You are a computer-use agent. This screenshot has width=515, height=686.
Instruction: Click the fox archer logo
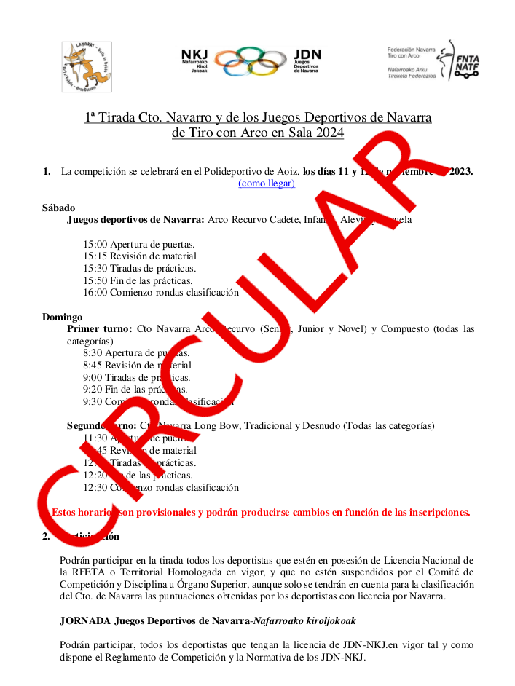point(86,66)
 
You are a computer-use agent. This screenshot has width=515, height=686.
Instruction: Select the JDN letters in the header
point(306,54)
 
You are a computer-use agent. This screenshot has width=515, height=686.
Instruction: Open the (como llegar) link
point(267,184)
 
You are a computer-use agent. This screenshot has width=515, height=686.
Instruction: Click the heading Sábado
point(58,208)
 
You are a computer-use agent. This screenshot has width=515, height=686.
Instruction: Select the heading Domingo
point(62,317)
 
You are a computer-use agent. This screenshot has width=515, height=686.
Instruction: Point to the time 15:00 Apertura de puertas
point(139,244)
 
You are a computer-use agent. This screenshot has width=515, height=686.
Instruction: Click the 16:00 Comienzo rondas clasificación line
point(161,293)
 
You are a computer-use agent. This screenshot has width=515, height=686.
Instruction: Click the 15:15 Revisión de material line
point(140,256)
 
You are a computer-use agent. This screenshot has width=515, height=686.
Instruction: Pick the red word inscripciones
point(433,512)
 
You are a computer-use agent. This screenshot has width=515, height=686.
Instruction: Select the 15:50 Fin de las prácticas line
point(138,280)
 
